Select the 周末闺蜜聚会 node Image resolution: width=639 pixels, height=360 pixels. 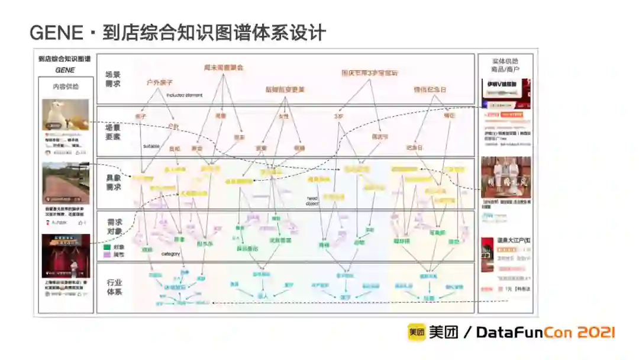click(224, 67)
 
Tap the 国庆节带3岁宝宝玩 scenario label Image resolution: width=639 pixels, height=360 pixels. click(370, 73)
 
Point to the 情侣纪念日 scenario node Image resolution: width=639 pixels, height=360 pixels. click(430, 89)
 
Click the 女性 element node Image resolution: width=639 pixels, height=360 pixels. click(284, 116)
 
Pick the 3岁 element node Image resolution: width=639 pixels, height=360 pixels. click(339, 116)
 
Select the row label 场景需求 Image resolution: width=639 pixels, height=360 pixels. click(113, 79)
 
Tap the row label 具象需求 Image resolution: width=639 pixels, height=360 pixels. click(113, 182)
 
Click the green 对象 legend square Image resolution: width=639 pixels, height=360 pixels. click(107, 247)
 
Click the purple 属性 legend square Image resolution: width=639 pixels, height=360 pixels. click(107, 254)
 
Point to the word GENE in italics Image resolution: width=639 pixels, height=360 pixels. click(65, 70)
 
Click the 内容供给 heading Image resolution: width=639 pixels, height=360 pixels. click(65, 86)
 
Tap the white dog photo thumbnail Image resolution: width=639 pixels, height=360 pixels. click(66, 114)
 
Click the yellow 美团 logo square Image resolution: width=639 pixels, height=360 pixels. click(416, 332)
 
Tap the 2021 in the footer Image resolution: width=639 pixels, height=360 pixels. click(594, 333)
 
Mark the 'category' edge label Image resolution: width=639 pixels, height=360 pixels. click(171, 253)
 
